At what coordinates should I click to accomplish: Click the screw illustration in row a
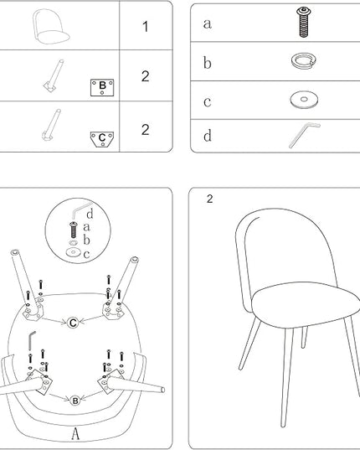[304, 23]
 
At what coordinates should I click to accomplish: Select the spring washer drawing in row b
[304, 60]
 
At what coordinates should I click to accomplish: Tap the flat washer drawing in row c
[304, 101]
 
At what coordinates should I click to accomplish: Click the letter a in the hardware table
[208, 23]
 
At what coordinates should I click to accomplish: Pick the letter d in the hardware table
[208, 136]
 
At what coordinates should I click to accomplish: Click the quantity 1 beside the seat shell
[146, 27]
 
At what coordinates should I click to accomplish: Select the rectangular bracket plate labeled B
[102, 87]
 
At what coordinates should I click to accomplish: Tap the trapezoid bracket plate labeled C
[102, 139]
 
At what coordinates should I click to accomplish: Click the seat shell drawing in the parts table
[51, 27]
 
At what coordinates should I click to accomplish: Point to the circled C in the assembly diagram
[73, 323]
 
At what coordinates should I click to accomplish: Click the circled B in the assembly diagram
[75, 401]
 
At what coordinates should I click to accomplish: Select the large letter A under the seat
[75, 433]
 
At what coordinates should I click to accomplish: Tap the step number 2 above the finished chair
[210, 199]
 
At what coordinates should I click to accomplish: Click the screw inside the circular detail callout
[74, 230]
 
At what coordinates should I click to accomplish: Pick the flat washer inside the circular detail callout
[74, 252]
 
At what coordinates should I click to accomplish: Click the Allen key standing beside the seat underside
[30, 341]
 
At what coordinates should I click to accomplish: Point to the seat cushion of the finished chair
[306, 304]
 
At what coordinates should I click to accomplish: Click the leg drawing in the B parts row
[54, 75]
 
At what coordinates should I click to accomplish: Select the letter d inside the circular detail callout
[90, 214]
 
